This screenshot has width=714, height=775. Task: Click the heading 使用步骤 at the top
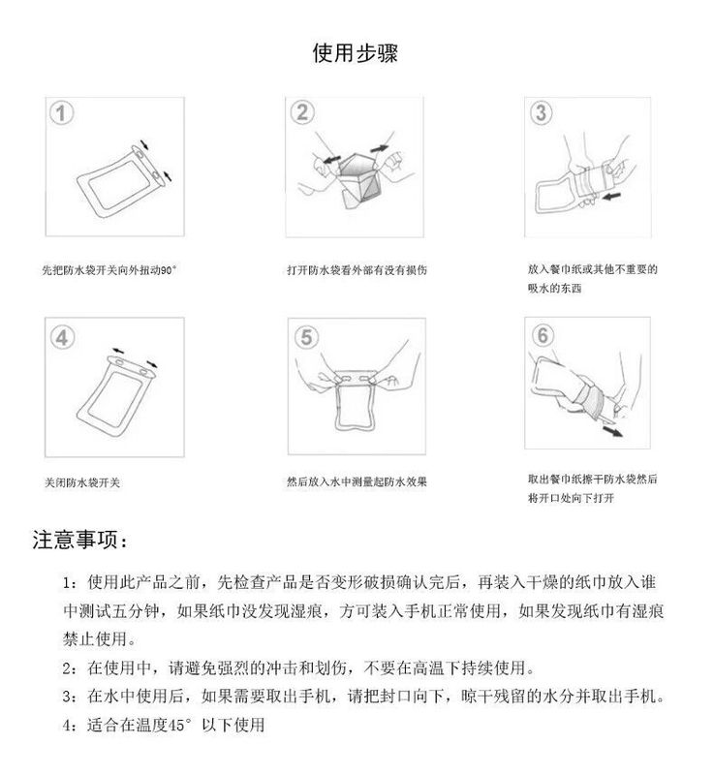tap(355, 53)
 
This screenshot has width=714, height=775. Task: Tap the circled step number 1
tap(62, 113)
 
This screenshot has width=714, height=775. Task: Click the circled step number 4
tap(62, 338)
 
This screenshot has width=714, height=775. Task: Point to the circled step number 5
tap(306, 338)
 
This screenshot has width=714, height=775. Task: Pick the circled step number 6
tap(543, 336)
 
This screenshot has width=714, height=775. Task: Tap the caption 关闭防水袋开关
tap(81, 481)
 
